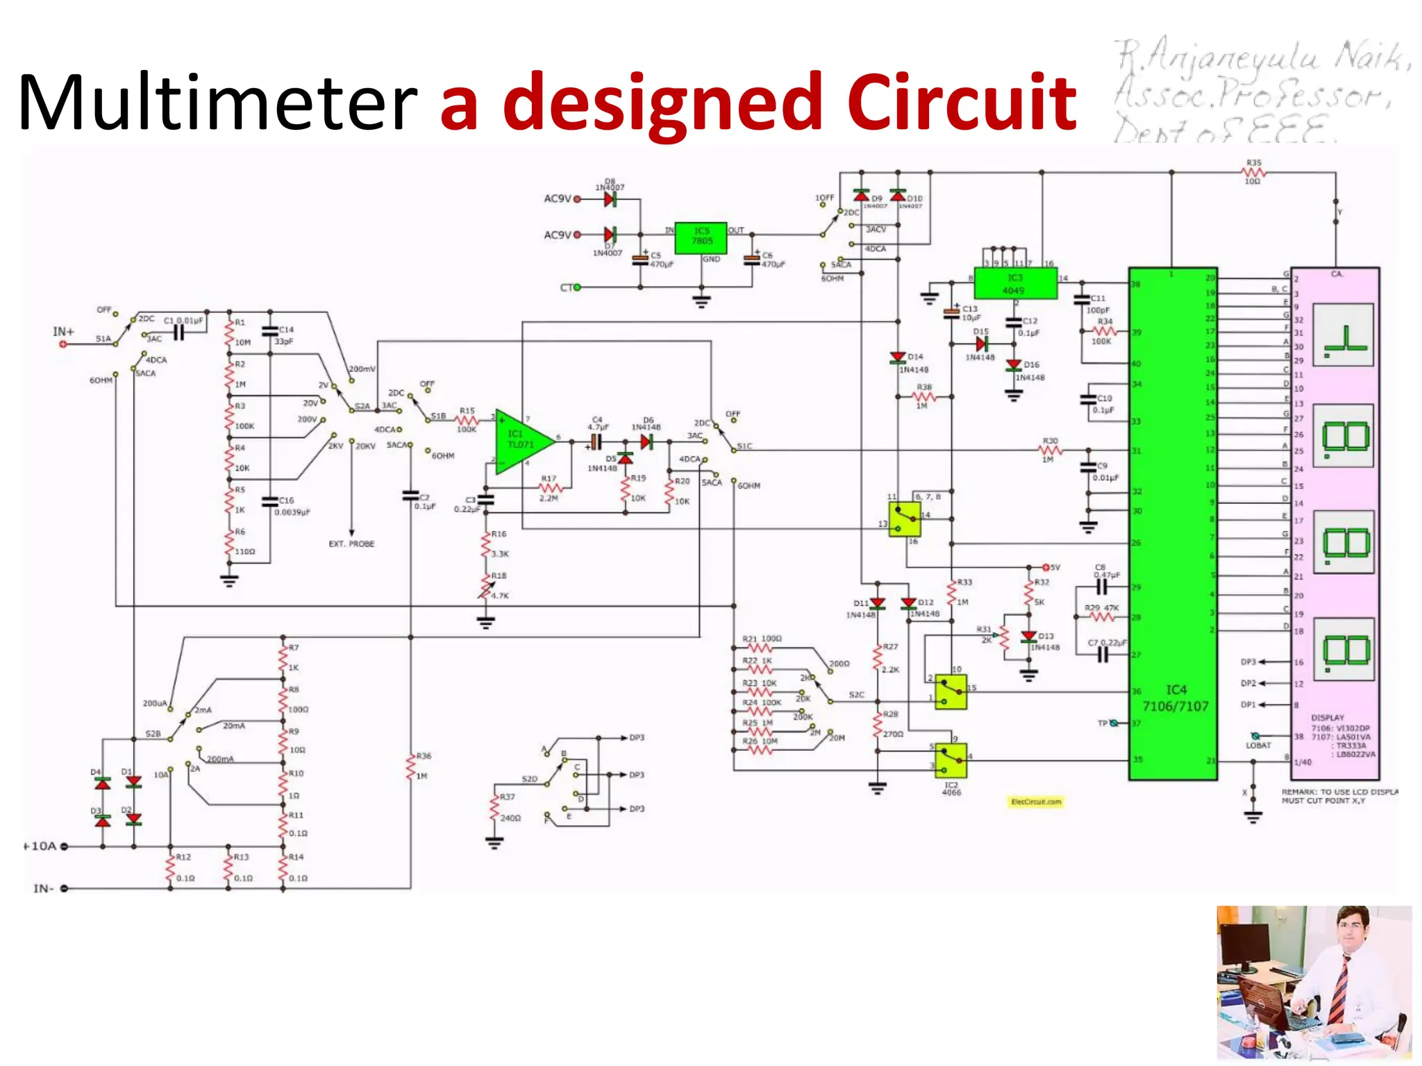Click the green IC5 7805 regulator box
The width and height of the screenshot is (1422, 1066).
(701, 238)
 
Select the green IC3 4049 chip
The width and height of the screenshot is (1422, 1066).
(1014, 284)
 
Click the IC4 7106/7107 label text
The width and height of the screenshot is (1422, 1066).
(1176, 698)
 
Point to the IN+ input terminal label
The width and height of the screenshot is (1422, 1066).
(63, 332)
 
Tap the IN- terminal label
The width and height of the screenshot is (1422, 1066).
(43, 888)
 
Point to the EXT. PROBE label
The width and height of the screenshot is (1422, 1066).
(351, 544)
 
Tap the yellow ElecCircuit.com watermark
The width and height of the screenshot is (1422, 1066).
(1035, 802)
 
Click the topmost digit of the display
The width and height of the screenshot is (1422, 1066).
(1343, 335)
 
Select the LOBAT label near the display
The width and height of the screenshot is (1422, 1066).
(1257, 745)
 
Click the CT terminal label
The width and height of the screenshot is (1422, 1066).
(566, 287)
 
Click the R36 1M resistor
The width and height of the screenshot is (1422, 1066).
(411, 767)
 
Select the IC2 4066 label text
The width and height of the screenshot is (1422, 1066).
(951, 788)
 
